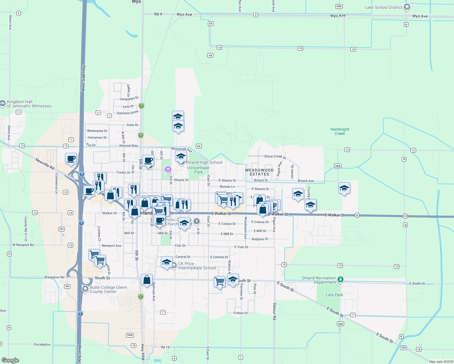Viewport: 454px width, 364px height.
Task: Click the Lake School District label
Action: coord(383,7)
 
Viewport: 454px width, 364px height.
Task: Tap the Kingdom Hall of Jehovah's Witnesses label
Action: coord(30,104)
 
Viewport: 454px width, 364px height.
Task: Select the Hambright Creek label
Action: coord(340,131)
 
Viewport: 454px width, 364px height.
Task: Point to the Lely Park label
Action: coord(334,295)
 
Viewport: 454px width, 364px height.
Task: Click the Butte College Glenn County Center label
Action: coord(108,289)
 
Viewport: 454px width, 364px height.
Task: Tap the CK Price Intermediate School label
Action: coord(197,266)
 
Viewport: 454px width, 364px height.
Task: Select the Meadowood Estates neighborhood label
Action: coord(259,172)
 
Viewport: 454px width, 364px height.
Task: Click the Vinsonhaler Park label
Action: coord(198,170)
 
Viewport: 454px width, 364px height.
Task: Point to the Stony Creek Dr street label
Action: coord(275,157)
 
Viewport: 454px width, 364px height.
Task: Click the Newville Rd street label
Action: coord(45,163)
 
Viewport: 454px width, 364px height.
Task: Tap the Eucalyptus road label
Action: coord(42,344)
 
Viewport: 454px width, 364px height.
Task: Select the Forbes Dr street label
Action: coord(241,313)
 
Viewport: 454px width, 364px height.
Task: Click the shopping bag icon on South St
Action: coord(147,280)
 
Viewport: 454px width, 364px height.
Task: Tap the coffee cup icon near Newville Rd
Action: coord(71,158)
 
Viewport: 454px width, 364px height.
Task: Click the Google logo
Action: coord(10,360)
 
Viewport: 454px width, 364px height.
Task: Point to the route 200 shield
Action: coord(403,348)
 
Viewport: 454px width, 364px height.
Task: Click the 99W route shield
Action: coord(130,335)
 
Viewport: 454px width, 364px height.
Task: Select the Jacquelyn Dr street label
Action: coord(129,98)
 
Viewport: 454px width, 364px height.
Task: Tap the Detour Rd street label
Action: coord(274,311)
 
